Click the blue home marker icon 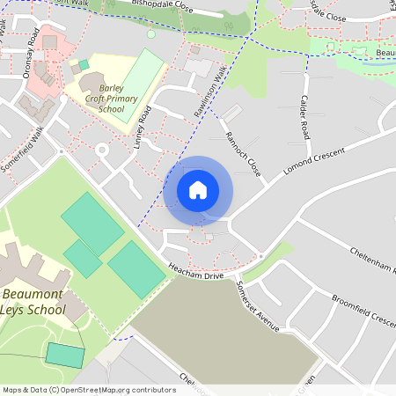198,189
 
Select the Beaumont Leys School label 33,302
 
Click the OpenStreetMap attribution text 89,389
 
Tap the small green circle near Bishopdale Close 150,34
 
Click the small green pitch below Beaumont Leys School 65,356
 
